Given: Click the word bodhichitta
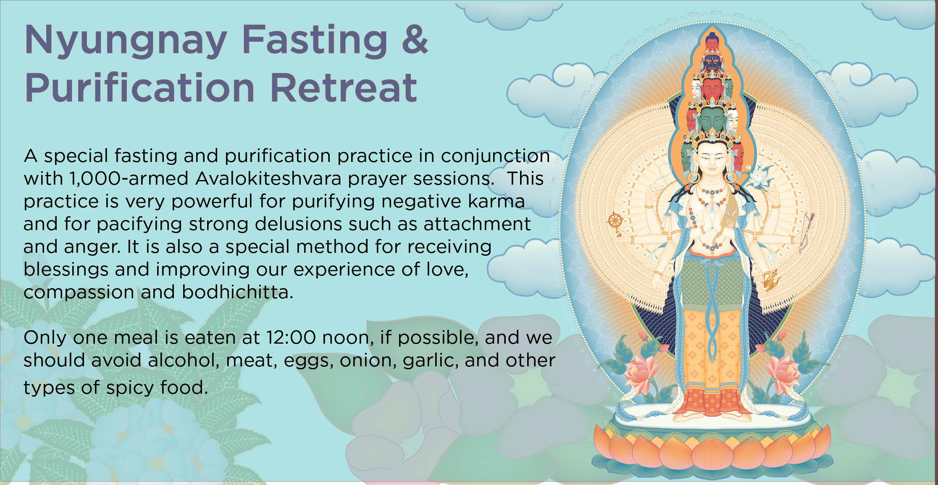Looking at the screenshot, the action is pyautogui.click(x=237, y=292).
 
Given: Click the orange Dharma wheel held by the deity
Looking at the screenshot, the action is pyautogui.click(x=615, y=220).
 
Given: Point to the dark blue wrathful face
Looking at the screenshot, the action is pyautogui.click(x=712, y=63).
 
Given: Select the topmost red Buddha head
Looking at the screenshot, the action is pyautogui.click(x=712, y=41).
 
